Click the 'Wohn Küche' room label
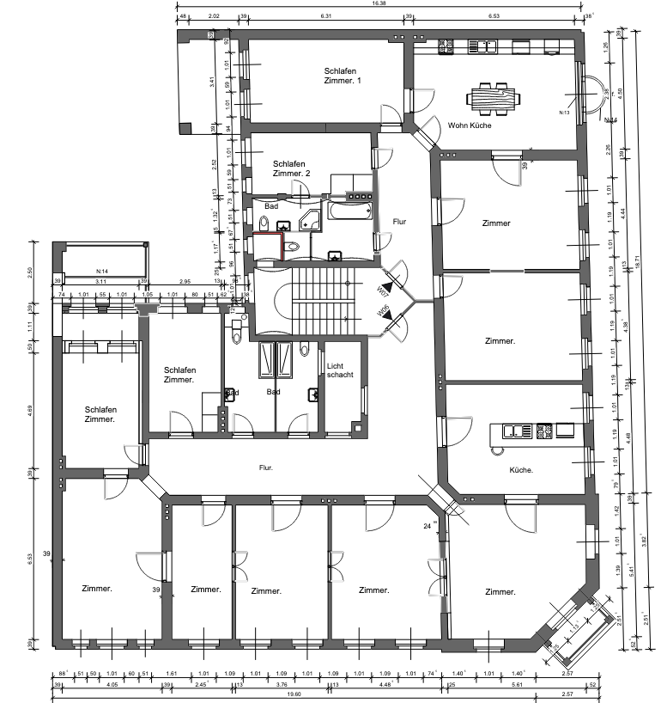coord(469,125)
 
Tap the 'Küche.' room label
coord(521,470)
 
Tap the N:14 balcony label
coord(101,272)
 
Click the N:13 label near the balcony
coord(565,113)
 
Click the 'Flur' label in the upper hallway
coord(398,222)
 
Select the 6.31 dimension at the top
coord(326,16)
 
